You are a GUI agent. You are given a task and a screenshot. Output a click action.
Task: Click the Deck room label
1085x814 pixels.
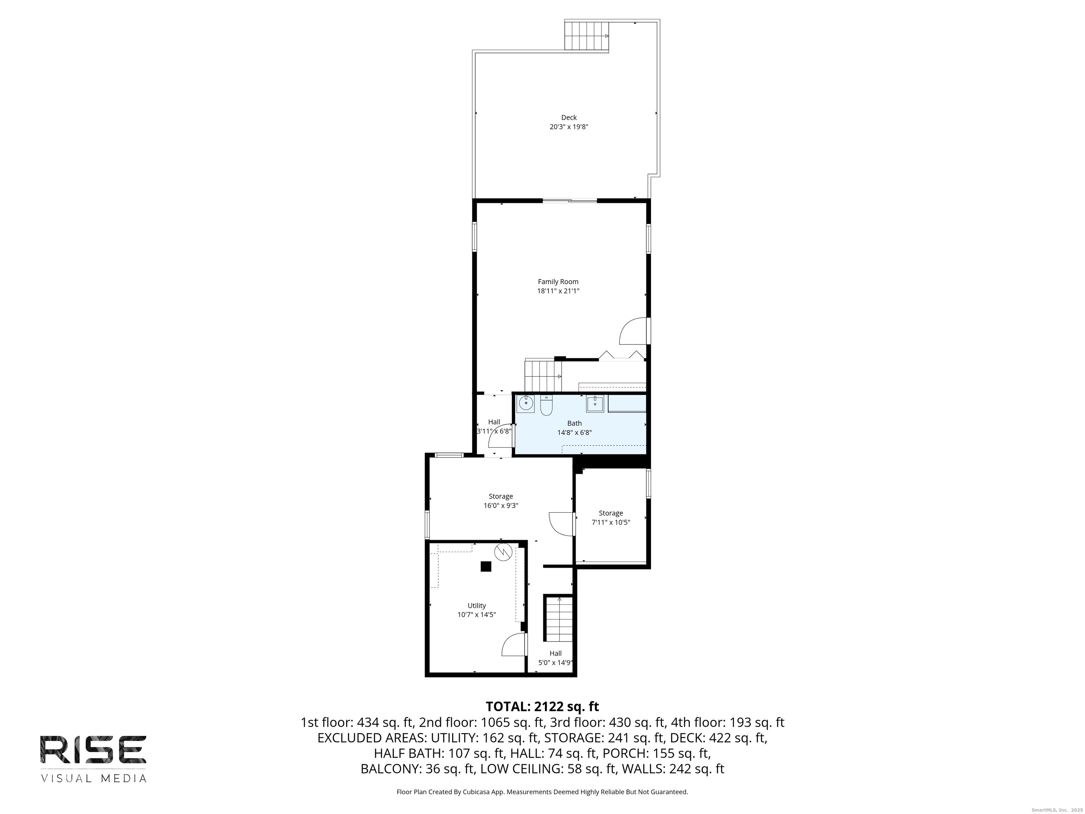[x=569, y=117]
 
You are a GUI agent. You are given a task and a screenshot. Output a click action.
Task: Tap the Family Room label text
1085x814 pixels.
[x=558, y=282]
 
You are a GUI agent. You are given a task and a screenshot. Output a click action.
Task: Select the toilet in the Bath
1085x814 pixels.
[x=546, y=405]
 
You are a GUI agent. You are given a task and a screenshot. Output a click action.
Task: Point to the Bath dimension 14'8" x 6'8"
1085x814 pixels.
[x=574, y=433]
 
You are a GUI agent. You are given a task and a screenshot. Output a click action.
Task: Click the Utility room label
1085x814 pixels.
[x=477, y=606]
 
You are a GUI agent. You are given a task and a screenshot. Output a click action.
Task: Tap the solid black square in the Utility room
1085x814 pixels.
[x=486, y=566]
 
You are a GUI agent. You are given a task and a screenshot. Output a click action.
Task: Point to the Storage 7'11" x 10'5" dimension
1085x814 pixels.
[x=611, y=522]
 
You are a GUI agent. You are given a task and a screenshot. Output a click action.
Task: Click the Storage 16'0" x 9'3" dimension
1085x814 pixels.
[x=501, y=505]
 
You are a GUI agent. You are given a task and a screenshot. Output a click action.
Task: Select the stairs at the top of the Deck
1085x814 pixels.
[x=587, y=35]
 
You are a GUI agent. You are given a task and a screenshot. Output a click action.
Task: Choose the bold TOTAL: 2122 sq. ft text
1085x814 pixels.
[x=542, y=707]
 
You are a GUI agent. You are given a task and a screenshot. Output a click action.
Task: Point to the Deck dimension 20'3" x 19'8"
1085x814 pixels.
[x=569, y=126]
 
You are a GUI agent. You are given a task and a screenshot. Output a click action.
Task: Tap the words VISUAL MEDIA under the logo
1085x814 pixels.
[x=93, y=778]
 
